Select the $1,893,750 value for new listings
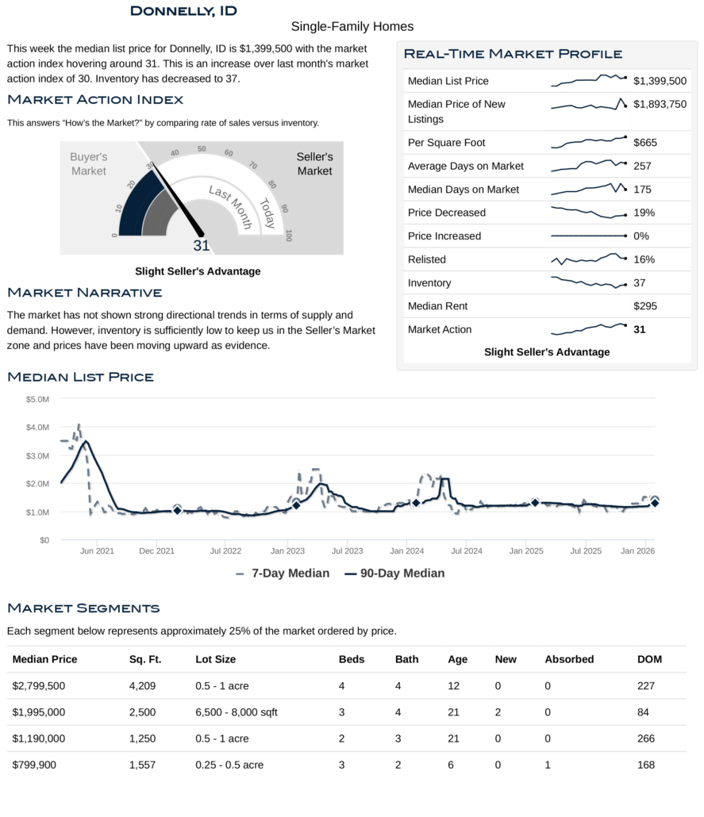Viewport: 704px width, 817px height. pos(660,104)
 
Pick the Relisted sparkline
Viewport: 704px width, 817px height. pos(588,259)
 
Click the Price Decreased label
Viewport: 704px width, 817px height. pos(446,213)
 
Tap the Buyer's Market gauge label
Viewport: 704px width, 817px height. pos(88,164)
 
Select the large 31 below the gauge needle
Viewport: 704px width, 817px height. pos(202,246)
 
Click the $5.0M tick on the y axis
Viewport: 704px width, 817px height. pos(37,399)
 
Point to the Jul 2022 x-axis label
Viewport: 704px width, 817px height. pos(225,550)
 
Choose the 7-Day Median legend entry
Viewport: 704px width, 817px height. pos(283,573)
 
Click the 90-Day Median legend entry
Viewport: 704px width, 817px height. pos(394,573)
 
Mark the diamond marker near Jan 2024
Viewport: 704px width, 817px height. pos(415,503)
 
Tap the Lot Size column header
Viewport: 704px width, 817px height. pos(215,659)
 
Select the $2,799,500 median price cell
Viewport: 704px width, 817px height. pos(39,686)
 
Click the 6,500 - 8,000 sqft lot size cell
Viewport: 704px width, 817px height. pos(237,712)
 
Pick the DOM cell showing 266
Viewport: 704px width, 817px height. pos(646,738)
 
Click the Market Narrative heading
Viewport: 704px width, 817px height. pos(84,293)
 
